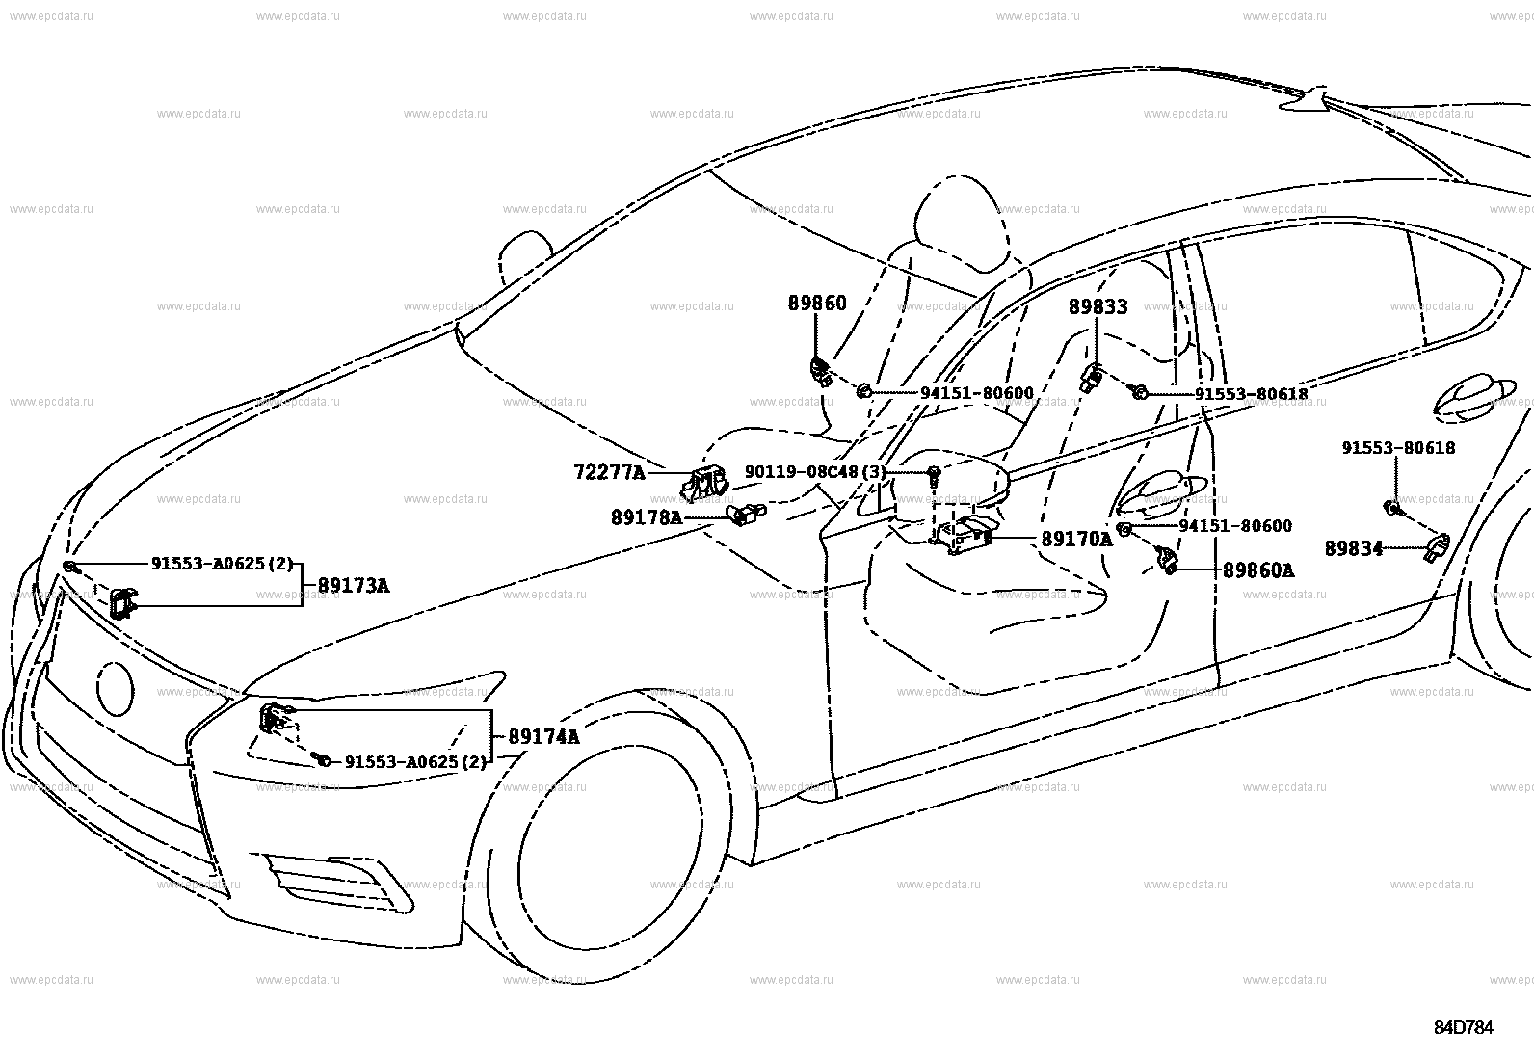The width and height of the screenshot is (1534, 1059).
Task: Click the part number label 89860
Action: point(817,304)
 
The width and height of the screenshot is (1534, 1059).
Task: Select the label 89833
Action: point(1098,306)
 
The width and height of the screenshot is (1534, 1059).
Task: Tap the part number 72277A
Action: point(610,472)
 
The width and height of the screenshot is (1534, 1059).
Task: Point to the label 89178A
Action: point(647,517)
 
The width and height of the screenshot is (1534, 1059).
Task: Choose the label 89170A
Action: point(1077,540)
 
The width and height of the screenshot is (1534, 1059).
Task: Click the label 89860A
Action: point(1258,570)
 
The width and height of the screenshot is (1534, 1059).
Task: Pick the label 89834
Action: point(1354,548)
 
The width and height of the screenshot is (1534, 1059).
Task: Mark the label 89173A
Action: point(354,586)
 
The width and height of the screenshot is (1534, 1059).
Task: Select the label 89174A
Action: point(543,737)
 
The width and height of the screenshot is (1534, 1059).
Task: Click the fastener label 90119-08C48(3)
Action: point(815,472)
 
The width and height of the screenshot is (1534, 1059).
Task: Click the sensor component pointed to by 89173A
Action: point(123,603)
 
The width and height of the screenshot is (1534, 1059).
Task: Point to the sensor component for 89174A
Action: point(276,717)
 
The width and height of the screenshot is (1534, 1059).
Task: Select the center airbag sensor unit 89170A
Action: point(962,536)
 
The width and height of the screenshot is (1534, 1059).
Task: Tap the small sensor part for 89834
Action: point(1437,548)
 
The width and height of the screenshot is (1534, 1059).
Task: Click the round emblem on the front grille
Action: point(116,688)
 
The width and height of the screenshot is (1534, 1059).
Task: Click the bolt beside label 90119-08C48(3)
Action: point(934,475)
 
